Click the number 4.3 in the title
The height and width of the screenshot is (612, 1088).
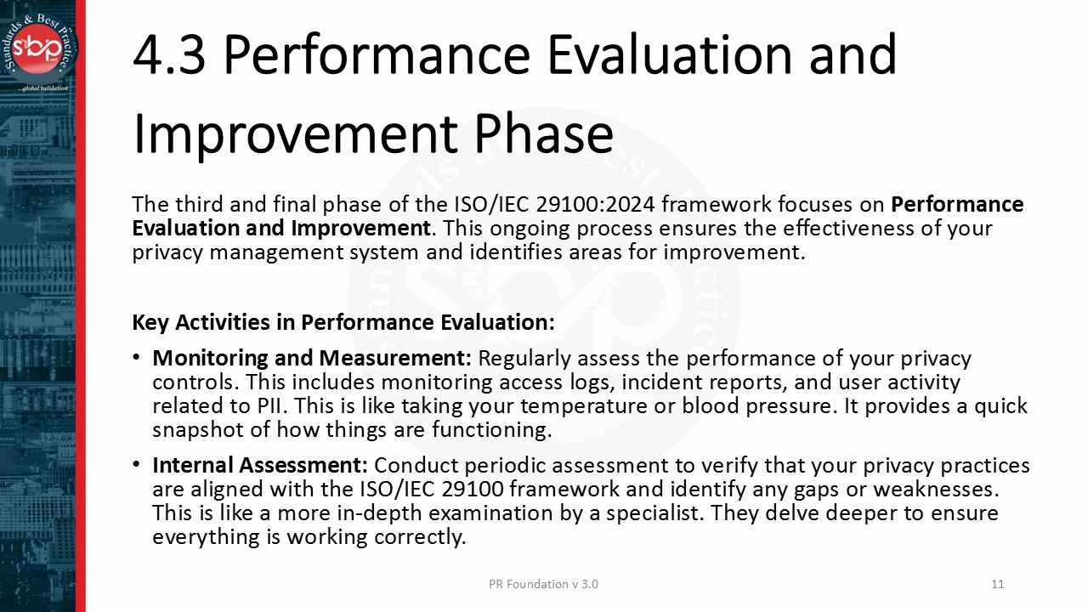tap(169, 54)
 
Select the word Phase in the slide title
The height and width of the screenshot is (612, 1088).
tap(543, 134)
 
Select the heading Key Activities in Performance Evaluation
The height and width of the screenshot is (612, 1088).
tap(343, 323)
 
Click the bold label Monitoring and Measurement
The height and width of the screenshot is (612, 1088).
tap(311, 359)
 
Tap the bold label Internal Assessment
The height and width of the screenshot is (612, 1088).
tap(259, 466)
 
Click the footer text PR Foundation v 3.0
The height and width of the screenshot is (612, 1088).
tap(543, 584)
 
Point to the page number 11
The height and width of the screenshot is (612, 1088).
tap(998, 584)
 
